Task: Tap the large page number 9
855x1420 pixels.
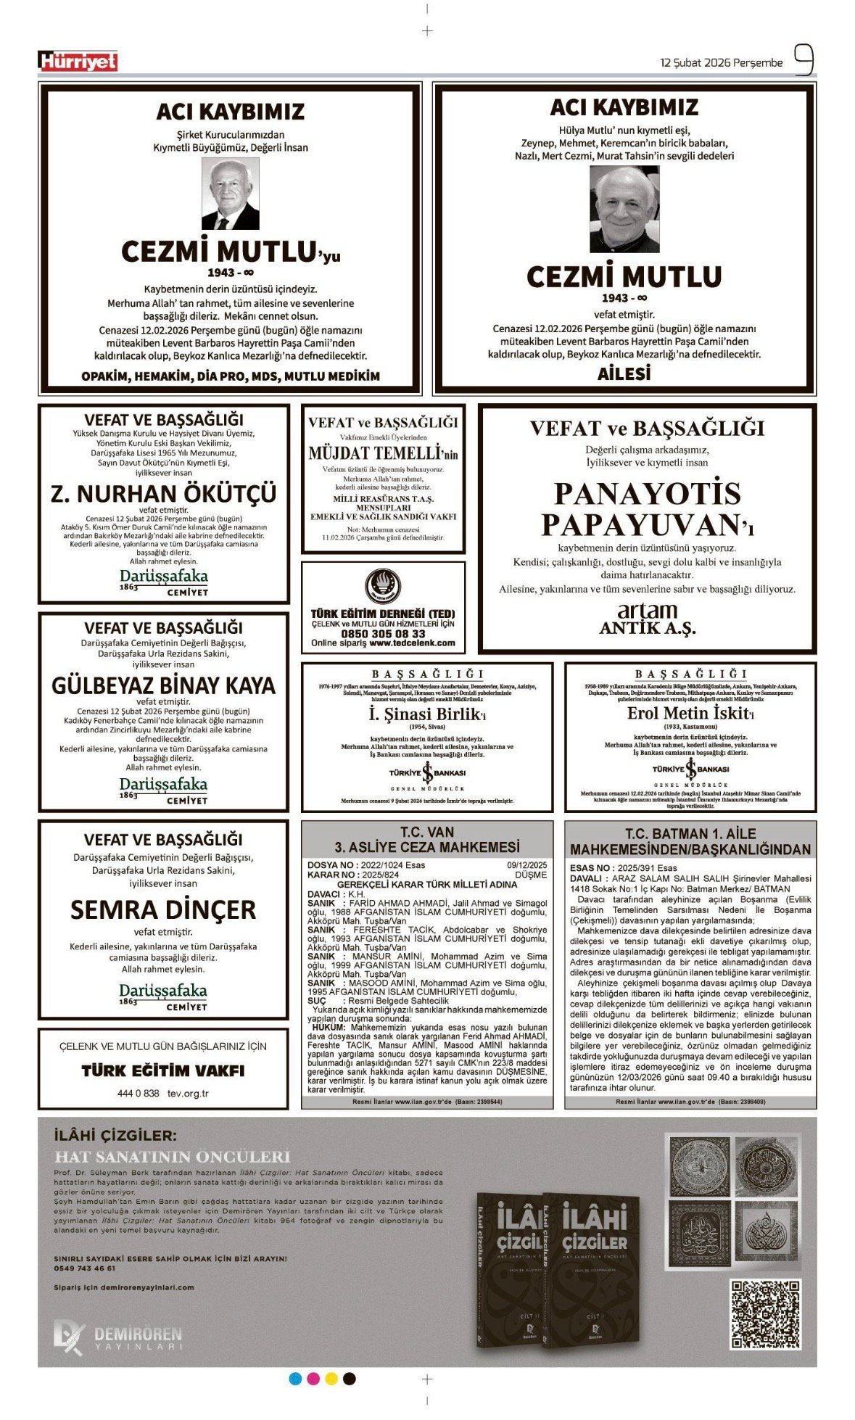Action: pos(803,61)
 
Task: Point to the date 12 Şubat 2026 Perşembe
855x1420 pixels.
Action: pos(721,63)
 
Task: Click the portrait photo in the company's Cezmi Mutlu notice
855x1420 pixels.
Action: pos(230,194)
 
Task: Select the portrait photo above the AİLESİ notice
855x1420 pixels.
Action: pos(624,210)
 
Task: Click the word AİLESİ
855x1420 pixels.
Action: pos(624,374)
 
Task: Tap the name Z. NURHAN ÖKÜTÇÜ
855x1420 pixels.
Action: pos(164,494)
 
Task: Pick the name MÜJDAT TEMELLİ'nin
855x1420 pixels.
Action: pos(383,454)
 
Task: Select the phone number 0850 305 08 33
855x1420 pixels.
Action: pos(383,633)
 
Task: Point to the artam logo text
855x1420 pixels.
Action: pos(647,611)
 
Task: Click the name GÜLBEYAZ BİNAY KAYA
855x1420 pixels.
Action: pos(164,686)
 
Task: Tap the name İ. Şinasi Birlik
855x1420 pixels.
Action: pos(426,714)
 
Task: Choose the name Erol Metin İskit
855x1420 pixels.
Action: pos(689,713)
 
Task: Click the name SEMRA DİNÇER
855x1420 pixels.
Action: pos(163,909)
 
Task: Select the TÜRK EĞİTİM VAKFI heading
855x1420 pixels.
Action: pos(163,1070)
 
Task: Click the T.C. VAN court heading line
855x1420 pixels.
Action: pos(427,832)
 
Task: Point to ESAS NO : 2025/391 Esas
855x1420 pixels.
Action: pos(624,868)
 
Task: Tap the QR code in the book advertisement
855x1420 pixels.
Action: pos(765,1313)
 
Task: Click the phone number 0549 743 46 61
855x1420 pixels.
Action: pos(85,1268)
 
